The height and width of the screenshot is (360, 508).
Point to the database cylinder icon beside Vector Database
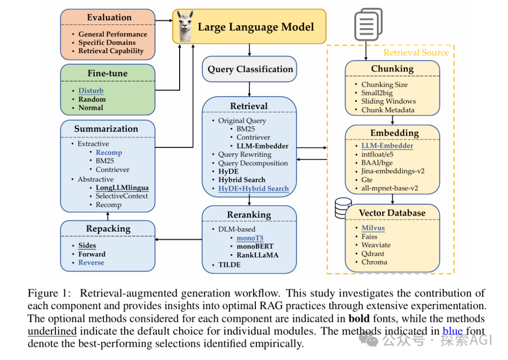343,208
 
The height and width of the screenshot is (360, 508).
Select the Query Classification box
250,69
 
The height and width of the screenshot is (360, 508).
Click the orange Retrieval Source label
416,53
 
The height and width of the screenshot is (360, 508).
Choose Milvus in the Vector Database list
373,228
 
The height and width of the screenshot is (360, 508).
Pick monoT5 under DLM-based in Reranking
250,238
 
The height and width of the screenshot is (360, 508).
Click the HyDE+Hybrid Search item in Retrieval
253,189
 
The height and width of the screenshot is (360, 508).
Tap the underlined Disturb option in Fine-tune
91,91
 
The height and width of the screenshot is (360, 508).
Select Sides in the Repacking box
87,246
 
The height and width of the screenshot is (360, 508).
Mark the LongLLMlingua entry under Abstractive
122,188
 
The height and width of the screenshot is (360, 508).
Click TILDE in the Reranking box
229,265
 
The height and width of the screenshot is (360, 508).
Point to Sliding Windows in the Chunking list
389,101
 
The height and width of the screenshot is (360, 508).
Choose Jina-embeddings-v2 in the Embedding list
393,171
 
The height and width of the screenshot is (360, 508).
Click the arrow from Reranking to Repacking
179,240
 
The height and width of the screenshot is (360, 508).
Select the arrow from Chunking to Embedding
392,120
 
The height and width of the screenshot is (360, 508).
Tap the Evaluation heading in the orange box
109,17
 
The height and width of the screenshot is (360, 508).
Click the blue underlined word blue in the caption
452,331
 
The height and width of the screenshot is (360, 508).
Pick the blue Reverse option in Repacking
91,263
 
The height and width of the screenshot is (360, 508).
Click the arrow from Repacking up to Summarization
108,216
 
